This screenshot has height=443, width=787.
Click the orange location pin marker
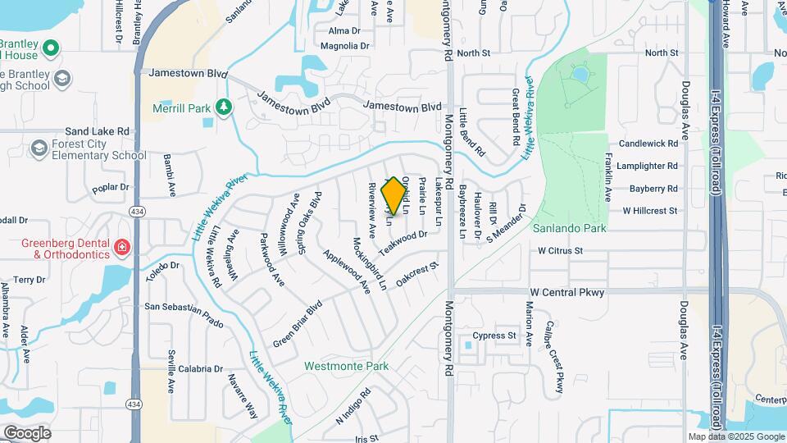[x=394, y=195]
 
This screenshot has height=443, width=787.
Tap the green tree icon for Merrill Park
[x=223, y=107]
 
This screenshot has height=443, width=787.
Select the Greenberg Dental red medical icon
[x=122, y=246]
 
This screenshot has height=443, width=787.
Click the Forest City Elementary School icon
[x=39, y=148]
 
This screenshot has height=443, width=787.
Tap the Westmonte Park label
[x=346, y=366]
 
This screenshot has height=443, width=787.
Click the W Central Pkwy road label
[x=567, y=292]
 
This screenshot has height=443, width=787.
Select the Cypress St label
[x=494, y=336]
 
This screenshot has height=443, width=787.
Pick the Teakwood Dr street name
[x=405, y=240]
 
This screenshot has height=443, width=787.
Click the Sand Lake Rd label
[x=98, y=130]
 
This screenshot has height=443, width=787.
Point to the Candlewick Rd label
[x=648, y=143]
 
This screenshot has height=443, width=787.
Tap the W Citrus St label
[x=560, y=250]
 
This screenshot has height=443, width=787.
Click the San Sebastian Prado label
[x=184, y=315]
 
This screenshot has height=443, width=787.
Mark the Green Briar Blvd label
[x=297, y=324]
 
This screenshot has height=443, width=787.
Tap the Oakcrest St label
[x=417, y=275]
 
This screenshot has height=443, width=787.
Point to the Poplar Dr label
[x=111, y=188]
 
